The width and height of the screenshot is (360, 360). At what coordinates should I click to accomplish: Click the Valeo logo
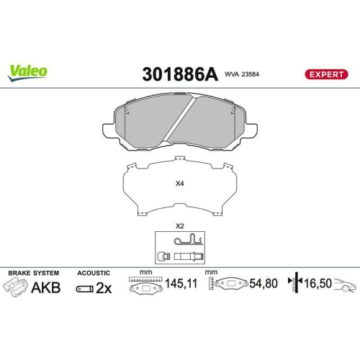(28, 71)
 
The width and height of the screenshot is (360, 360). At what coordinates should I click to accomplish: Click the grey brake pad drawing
(180, 122)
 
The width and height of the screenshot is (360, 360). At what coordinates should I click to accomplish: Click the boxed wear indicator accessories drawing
(180, 248)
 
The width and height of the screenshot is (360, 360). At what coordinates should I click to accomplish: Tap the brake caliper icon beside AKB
(17, 288)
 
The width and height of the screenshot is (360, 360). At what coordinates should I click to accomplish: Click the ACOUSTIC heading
(94, 274)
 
